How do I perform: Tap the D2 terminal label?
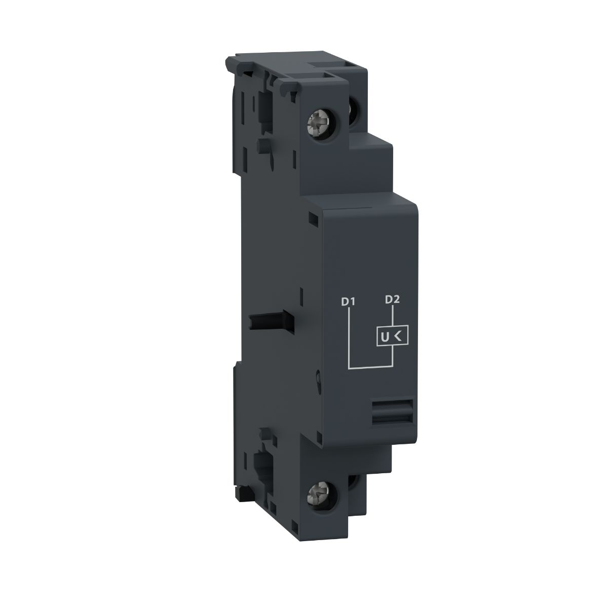pos(392,299)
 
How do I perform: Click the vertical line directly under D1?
pos(349,337)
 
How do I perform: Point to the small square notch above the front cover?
pos(313,219)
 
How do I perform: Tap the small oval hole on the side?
pos(317,378)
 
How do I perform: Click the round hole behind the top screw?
pos(353,122)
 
